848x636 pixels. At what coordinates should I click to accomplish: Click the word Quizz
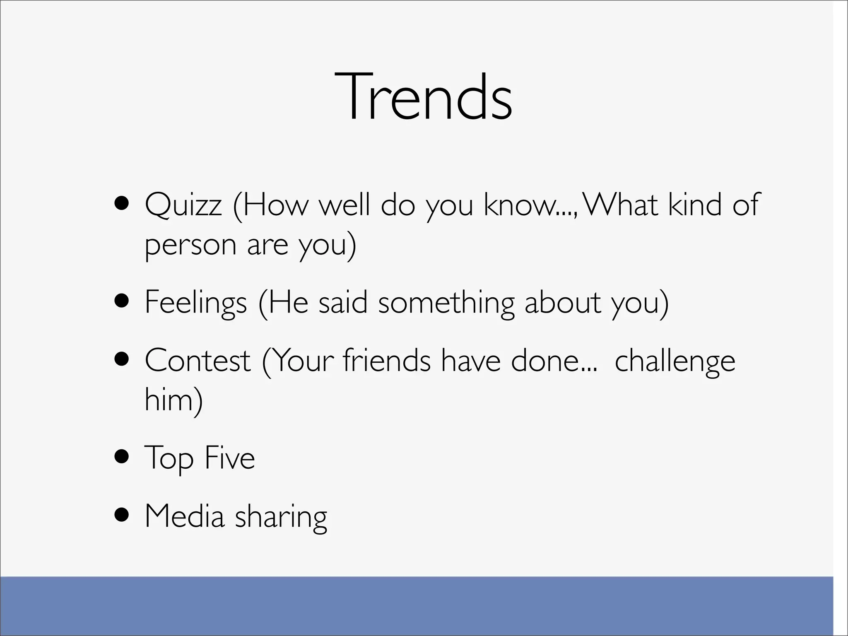[x=183, y=205]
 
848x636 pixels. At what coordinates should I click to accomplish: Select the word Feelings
[x=195, y=303]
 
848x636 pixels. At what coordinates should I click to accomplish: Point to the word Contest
[x=198, y=361]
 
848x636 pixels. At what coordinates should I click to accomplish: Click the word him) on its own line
[x=173, y=400]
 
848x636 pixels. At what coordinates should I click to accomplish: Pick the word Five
[x=230, y=458]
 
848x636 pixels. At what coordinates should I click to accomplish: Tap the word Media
[x=184, y=516]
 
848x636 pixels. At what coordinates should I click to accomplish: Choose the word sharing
[x=281, y=518]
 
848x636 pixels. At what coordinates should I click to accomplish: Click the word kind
[x=695, y=205]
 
